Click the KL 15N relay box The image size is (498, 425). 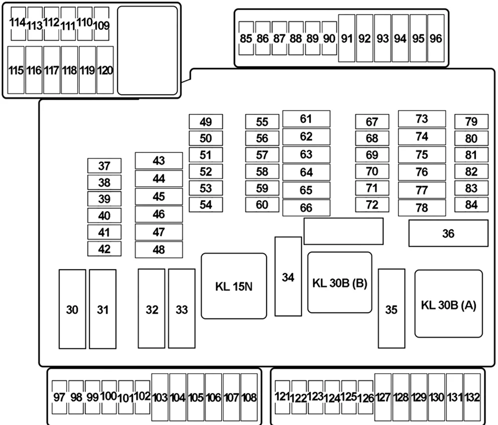(234, 286)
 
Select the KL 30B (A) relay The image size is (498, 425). (449, 304)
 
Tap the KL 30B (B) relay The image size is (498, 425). (340, 283)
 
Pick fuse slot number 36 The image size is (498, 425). (448, 233)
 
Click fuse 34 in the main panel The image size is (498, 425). (288, 277)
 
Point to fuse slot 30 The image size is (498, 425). (72, 309)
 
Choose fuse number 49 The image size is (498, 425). (206, 121)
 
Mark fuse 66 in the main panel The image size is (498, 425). (306, 208)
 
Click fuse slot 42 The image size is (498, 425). (104, 249)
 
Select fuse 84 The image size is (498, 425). (471, 205)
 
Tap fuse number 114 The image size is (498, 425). (18, 24)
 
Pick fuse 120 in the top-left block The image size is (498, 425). (105, 70)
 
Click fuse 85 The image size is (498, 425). (246, 38)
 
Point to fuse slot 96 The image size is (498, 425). (436, 38)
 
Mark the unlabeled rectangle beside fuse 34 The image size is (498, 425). (343, 231)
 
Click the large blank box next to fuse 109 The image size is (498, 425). (147, 50)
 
